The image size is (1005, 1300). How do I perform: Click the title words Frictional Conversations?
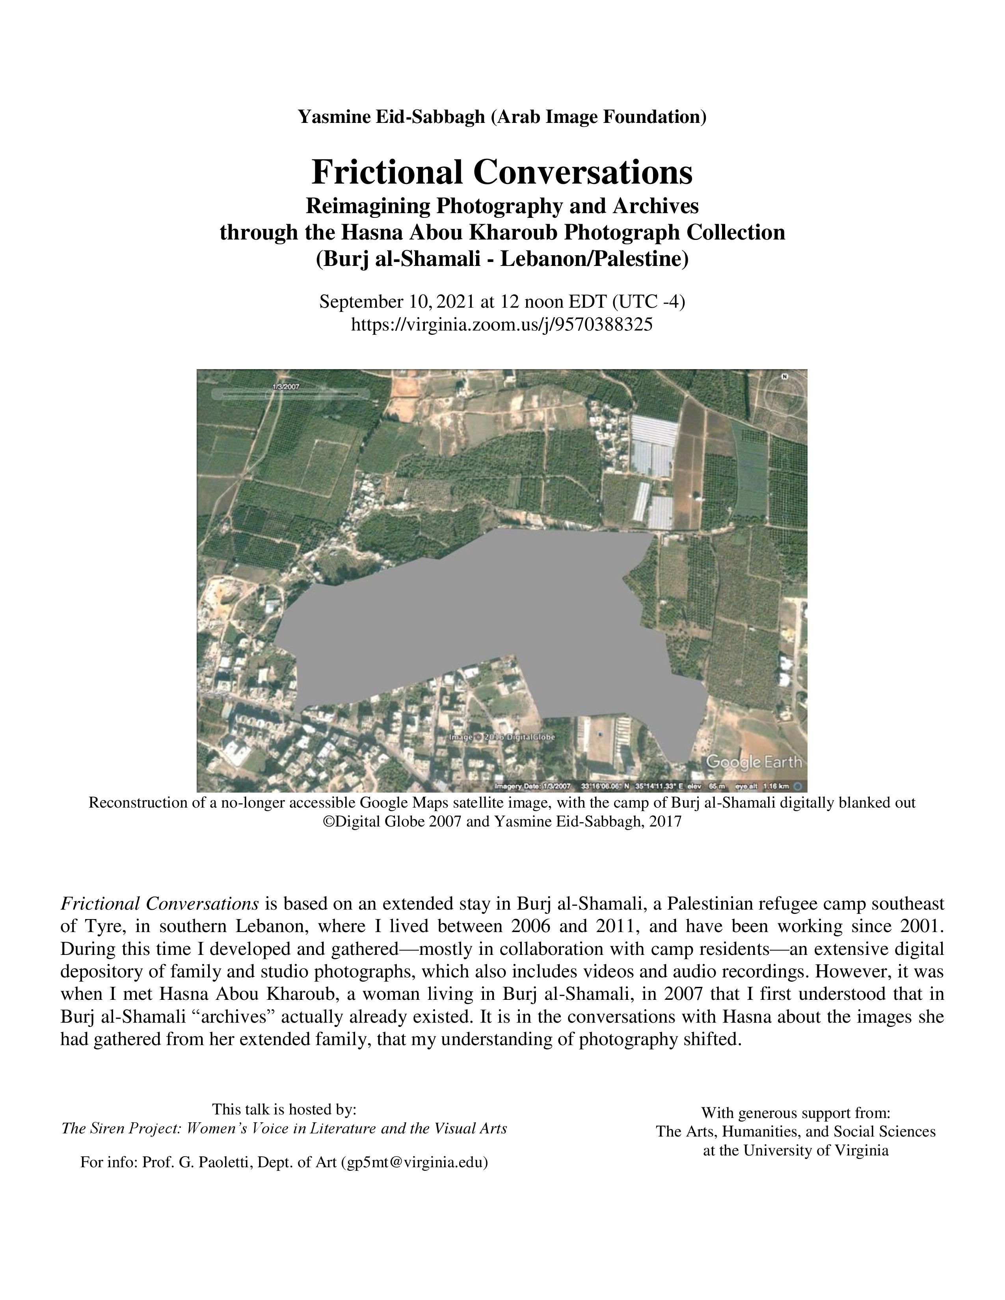pyautogui.click(x=502, y=172)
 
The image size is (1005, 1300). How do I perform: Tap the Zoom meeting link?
pyautogui.click(x=502, y=324)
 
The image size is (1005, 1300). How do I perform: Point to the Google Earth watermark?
pyautogui.click(x=753, y=762)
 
